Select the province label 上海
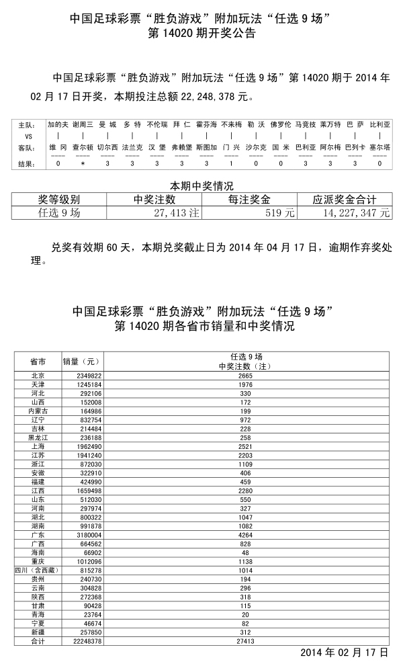(x=38, y=446)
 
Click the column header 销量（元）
(x=81, y=362)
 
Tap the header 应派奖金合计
(x=345, y=200)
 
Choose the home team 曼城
(x=107, y=125)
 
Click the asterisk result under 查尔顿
(x=83, y=163)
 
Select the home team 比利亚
(x=379, y=125)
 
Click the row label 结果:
(x=27, y=163)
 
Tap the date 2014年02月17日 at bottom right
(x=344, y=653)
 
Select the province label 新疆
(x=38, y=632)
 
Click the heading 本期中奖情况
(x=201, y=185)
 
